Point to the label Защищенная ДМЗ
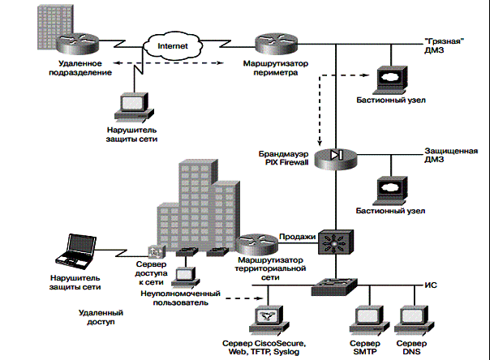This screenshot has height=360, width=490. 449,156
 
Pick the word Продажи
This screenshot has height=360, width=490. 296,235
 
